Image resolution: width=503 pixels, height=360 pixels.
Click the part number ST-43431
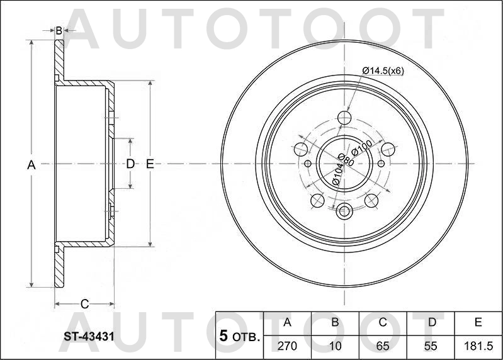pos(88,337)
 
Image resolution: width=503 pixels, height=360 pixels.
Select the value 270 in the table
pos(287,346)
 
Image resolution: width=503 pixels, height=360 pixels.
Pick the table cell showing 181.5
pos(478,346)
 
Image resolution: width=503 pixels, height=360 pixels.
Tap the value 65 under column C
pos(382,346)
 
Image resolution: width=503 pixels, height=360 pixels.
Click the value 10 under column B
pos(335,346)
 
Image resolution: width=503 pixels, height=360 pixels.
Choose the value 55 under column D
pos(432,346)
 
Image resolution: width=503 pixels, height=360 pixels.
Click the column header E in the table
pos(478,323)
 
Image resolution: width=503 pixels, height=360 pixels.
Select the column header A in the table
pos(287,323)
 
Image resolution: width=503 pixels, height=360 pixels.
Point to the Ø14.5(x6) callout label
pos(383,70)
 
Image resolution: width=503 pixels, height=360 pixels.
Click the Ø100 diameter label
pos(362,149)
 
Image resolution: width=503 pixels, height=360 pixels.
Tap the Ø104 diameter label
pos(337,174)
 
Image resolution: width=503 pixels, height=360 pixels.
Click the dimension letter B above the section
pos(59,30)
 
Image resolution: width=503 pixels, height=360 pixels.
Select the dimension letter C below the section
pos(84,305)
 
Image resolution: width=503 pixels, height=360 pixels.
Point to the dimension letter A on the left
pos(31,165)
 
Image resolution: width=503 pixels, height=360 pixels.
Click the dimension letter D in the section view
pos(130,164)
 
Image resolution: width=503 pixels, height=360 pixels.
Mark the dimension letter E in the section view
pos(150,164)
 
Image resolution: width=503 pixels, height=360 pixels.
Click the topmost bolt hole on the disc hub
pos(344,118)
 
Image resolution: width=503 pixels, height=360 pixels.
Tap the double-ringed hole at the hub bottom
pos(344,211)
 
